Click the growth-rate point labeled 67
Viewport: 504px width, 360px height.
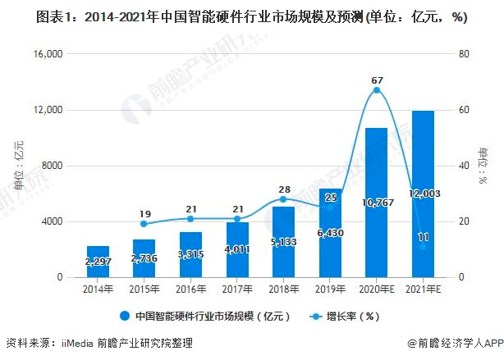377,90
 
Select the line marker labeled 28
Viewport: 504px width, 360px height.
284,199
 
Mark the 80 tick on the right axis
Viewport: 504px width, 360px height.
464,54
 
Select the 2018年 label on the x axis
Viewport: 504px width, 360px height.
284,289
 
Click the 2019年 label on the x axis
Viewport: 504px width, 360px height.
330,289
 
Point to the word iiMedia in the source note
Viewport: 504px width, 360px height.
77,343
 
